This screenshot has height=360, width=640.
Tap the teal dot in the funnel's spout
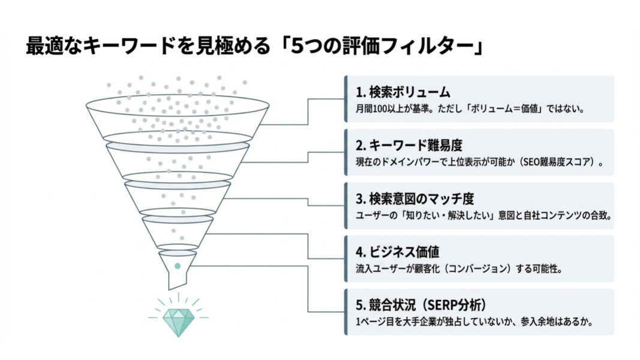(178, 266)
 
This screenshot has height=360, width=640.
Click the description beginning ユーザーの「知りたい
(483, 215)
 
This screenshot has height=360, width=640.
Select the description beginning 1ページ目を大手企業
(474, 322)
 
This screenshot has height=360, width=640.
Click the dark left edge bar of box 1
(346, 99)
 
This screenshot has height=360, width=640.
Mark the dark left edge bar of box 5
(346, 312)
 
